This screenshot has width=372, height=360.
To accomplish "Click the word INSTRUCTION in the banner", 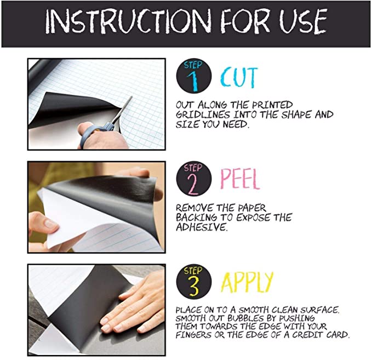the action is tap(128, 21).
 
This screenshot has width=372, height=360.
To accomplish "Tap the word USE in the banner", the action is tap(303, 21).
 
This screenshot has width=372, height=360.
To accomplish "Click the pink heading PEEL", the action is tap(240, 179).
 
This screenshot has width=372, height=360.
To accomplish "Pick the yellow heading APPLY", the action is tap(247, 282).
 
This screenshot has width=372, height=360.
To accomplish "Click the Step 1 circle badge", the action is tap(194, 76).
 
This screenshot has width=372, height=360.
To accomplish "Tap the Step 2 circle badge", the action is tap(194, 179).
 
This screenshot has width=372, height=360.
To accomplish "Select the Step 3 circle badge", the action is tap(194, 282).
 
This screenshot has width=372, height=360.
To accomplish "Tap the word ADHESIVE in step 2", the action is tap(202, 227).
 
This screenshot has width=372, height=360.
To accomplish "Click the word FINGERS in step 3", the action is tap(193, 335).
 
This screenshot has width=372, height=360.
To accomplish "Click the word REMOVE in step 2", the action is tap(194, 208).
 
